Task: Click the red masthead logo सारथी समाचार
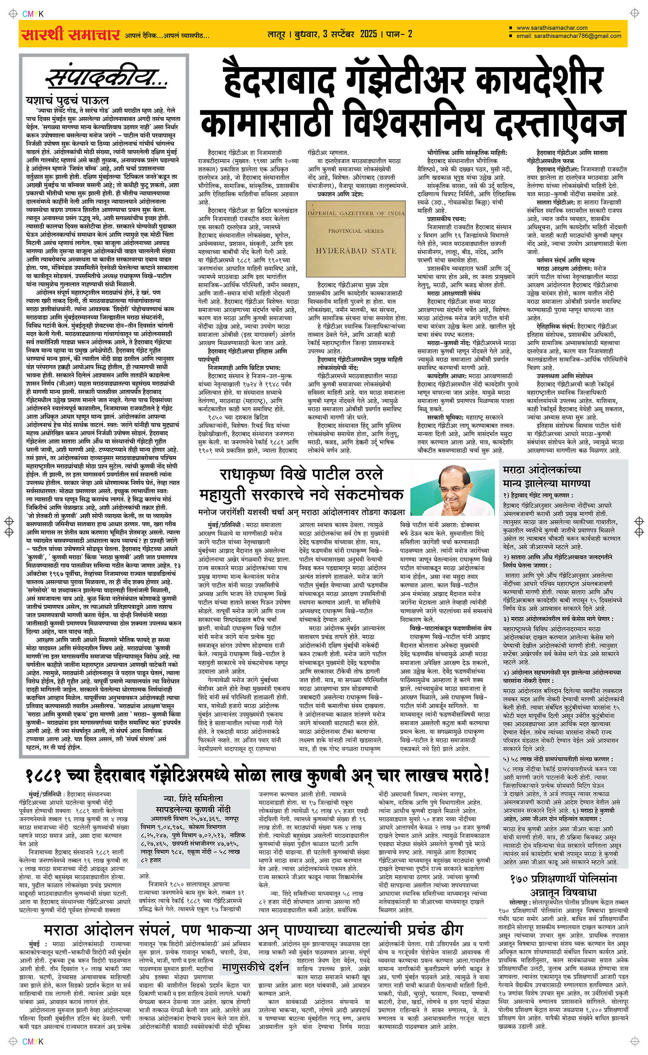(x=71, y=34)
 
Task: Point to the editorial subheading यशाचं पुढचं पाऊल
(x=68, y=101)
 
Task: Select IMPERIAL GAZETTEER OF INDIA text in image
(x=356, y=213)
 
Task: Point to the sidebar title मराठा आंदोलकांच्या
(x=542, y=470)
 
